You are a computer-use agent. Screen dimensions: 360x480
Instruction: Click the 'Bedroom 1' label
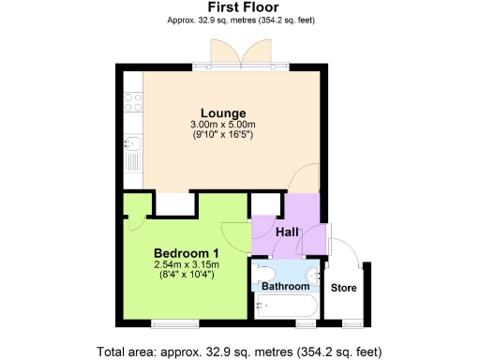tap(186, 253)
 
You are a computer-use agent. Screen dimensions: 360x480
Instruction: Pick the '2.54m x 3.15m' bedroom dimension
tap(186, 264)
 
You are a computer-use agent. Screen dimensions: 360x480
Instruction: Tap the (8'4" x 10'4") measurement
tap(186, 276)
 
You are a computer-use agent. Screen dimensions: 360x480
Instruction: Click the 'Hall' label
tap(287, 232)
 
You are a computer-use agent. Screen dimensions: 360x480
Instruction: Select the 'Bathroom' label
tap(284, 286)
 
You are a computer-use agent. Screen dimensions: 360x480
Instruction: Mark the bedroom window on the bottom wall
tap(173, 323)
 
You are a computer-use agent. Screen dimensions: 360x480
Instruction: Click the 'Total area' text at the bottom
tap(239, 352)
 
